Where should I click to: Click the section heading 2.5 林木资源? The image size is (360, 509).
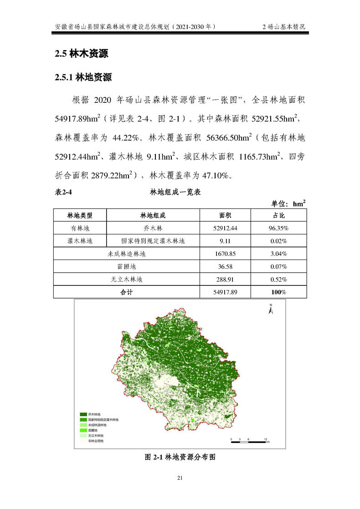click(x=82, y=54)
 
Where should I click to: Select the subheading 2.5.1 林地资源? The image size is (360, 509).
click(x=83, y=77)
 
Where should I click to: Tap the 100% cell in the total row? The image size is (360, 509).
click(x=278, y=292)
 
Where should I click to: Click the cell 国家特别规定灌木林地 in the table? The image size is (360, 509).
click(x=153, y=240)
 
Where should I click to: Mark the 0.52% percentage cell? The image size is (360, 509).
click(x=278, y=279)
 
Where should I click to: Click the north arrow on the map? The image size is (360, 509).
click(x=270, y=310)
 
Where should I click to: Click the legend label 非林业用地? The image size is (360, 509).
click(x=96, y=441)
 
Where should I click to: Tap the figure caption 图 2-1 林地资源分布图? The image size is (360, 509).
click(x=180, y=457)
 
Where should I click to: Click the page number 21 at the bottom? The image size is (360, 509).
click(x=180, y=478)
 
